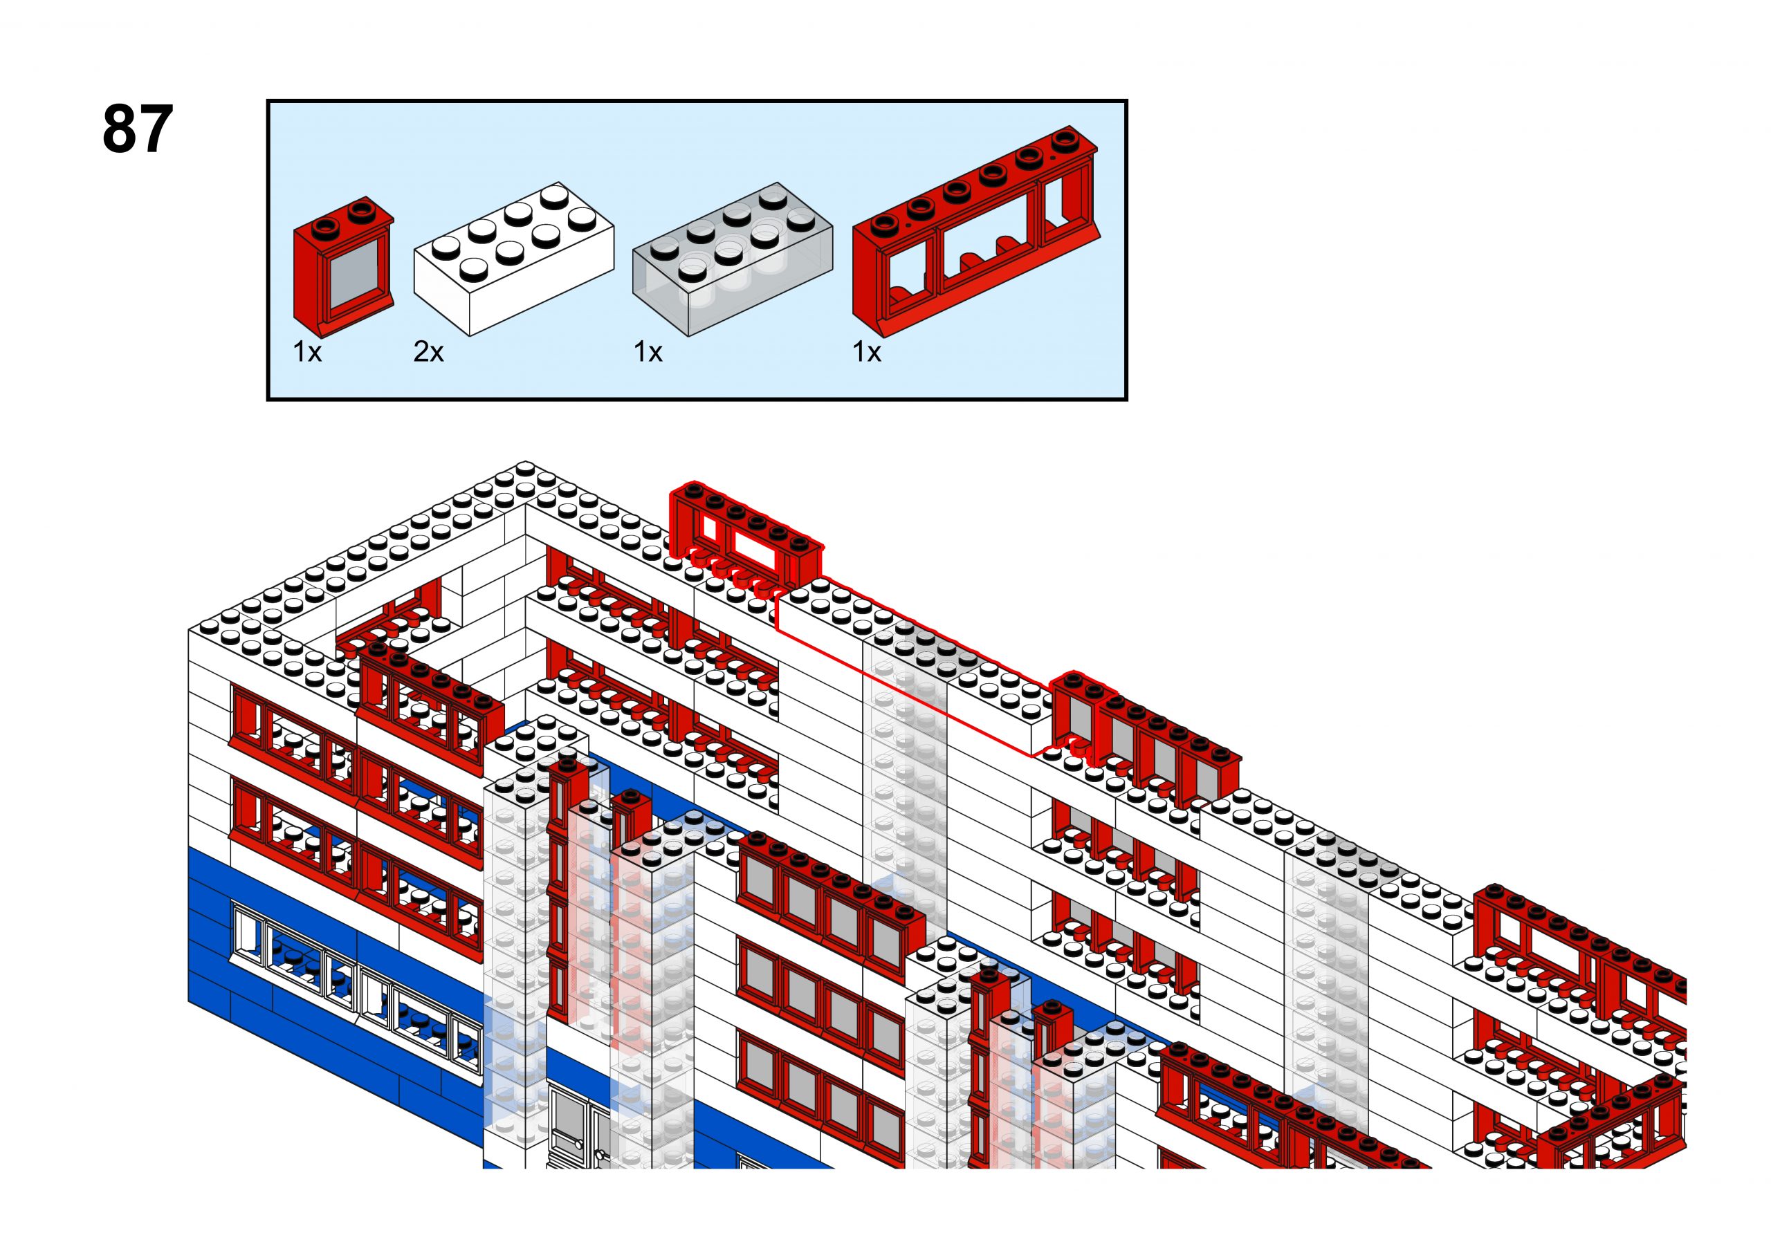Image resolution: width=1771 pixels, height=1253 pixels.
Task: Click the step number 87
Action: [138, 129]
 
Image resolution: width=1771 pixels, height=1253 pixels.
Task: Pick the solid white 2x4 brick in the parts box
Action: [514, 259]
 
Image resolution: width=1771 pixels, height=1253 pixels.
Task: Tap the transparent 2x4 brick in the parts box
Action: [733, 259]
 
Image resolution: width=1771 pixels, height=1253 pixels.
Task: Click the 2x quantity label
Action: [428, 352]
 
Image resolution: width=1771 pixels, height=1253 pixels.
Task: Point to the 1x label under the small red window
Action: [307, 352]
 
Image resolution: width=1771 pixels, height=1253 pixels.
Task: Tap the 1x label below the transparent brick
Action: [648, 352]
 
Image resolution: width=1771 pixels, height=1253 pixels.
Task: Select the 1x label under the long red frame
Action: [867, 352]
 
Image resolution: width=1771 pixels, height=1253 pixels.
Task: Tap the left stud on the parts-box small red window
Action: [327, 225]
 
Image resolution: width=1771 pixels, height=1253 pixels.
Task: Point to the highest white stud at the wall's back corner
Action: [526, 467]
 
